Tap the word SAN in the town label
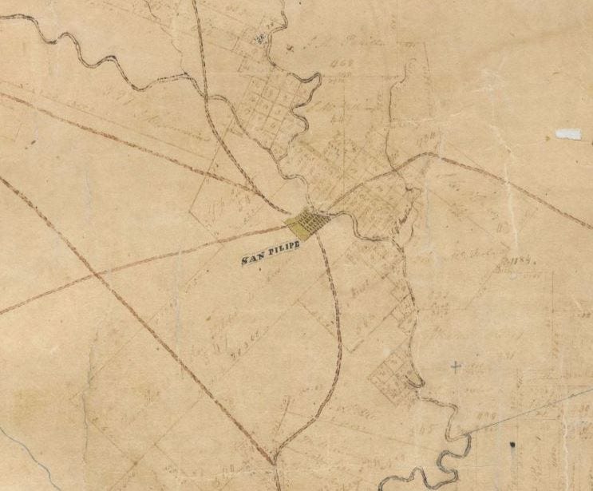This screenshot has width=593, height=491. coord(255,258)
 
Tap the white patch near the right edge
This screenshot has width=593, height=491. coord(568,134)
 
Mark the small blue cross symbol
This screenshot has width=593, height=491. coord(456,367)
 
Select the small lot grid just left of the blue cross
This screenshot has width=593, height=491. coord(391,371)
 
